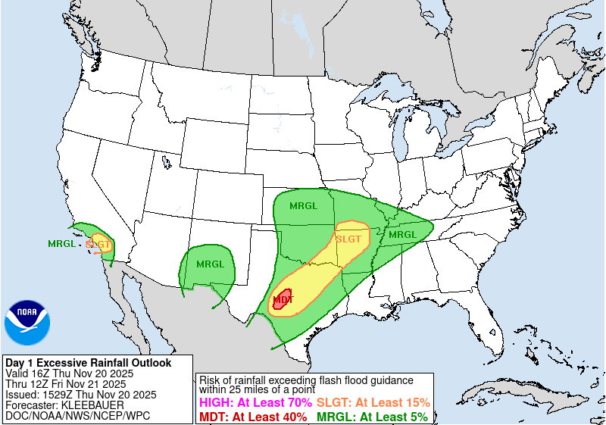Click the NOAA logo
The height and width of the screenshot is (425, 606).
coord(27,323)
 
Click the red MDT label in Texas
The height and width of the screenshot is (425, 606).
coord(283,300)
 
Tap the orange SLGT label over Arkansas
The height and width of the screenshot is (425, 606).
coord(348,239)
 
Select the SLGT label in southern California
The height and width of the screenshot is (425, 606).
coord(99,245)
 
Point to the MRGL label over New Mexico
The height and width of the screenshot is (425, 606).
coord(210,264)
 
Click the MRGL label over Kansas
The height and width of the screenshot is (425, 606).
coord(304,205)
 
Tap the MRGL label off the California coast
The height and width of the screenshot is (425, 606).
coord(61,244)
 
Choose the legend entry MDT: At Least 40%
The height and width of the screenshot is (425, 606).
coord(253,417)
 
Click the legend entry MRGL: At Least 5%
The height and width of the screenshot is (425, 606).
coord(371,417)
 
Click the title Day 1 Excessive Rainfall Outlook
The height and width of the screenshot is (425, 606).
coord(89,363)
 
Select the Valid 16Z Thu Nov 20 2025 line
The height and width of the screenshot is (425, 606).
coord(69,373)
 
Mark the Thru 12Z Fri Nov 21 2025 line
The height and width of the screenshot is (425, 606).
coord(66,384)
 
